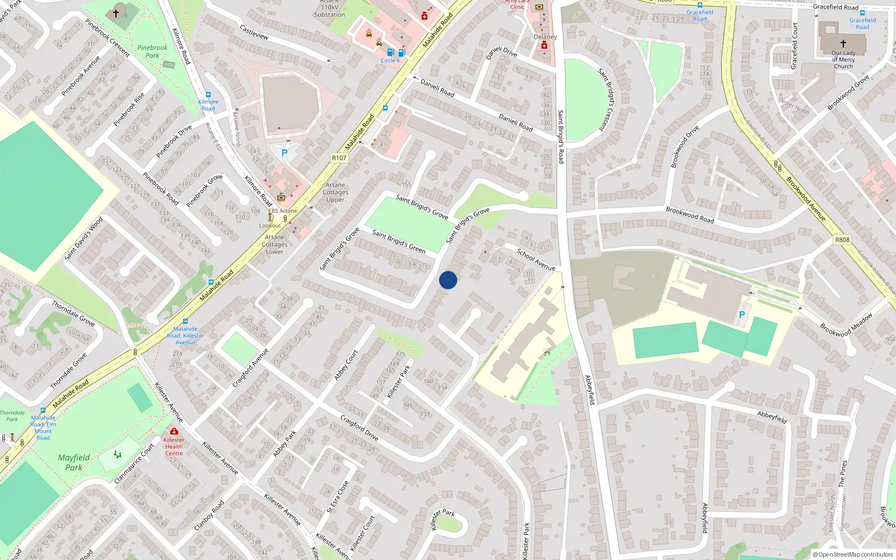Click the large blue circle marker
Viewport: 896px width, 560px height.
click(447, 280)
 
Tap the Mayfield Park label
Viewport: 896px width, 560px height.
click(74, 463)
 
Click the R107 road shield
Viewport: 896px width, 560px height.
click(339, 158)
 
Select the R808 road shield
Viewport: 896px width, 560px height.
click(842, 240)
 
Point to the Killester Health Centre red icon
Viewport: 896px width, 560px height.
click(174, 431)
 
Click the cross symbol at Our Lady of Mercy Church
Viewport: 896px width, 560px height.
click(843, 43)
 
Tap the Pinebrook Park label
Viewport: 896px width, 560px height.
click(152, 52)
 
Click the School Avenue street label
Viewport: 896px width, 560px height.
click(536, 260)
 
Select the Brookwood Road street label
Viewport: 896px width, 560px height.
click(690, 215)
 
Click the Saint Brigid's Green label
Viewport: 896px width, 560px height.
click(399, 241)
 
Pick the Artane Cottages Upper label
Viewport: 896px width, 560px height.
click(335, 192)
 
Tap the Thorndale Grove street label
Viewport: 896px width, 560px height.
click(73, 314)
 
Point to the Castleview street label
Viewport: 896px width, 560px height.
click(254, 32)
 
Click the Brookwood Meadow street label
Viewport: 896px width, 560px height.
click(846, 325)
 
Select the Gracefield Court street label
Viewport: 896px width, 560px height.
click(794, 46)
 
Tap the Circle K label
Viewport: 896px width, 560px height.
click(390, 60)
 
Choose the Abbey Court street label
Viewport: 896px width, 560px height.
click(346, 365)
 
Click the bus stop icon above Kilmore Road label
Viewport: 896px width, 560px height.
click(208, 95)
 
